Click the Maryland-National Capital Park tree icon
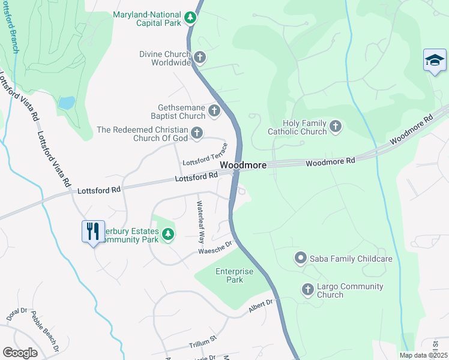(190, 17)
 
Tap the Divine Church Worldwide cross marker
(200, 58)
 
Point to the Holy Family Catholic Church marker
(336, 127)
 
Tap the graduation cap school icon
(435, 61)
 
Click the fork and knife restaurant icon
(92, 231)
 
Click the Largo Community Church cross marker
(308, 290)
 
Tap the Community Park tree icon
(168, 233)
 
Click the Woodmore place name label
(243, 164)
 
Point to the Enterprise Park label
(235, 276)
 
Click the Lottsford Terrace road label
(205, 155)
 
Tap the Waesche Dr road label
(215, 248)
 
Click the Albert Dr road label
(261, 305)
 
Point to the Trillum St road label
(202, 342)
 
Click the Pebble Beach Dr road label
(46, 331)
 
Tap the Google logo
(20, 352)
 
